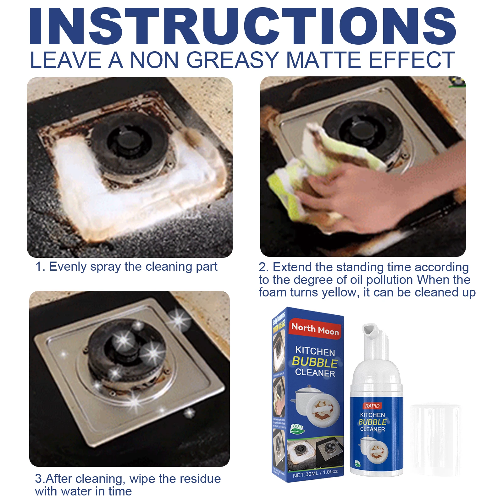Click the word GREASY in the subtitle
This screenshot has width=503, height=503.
coord(233,60)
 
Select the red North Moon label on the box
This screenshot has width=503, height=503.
coord(315,329)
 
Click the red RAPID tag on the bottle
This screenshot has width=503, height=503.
coord(372,406)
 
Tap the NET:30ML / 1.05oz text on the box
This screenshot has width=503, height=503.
coord(315,473)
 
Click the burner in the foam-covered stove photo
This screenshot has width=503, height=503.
coord(129,141)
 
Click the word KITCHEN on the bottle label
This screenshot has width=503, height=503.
coord(372,415)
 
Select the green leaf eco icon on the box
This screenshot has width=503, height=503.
coord(297,428)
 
